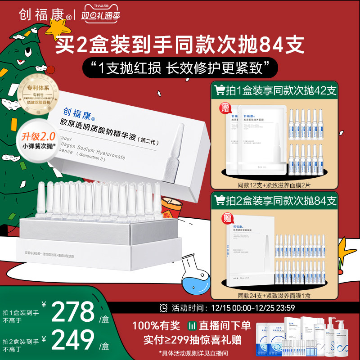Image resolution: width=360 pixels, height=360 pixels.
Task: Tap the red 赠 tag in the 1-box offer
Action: pos(224,108)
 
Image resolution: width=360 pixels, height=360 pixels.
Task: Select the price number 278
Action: pos(72,311)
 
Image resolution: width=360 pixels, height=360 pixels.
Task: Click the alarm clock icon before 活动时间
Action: pos(163,308)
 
